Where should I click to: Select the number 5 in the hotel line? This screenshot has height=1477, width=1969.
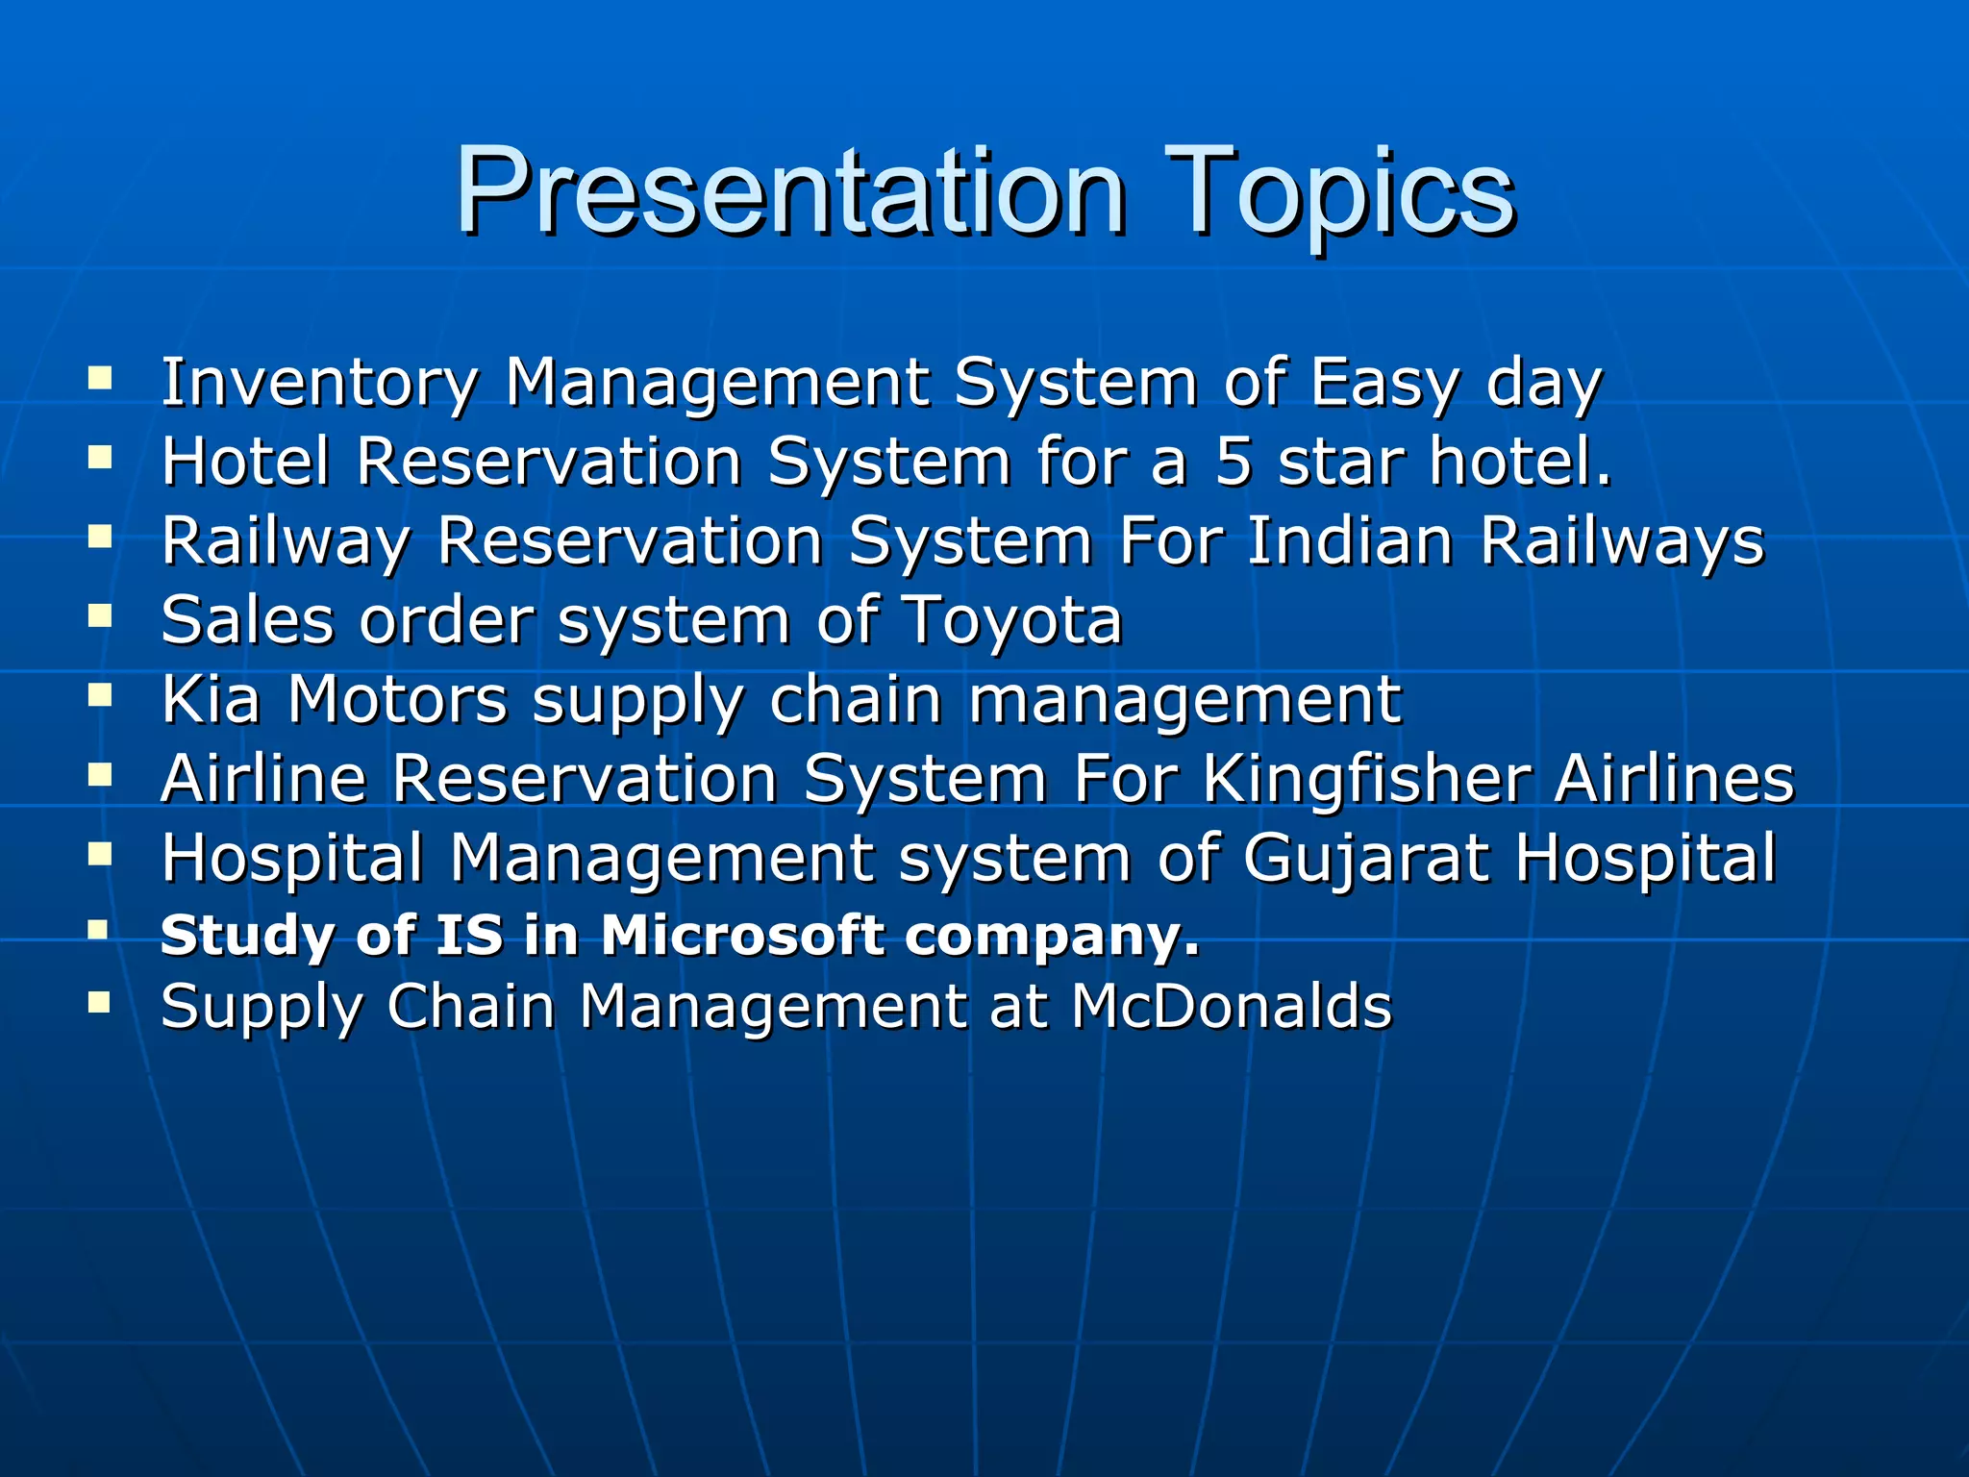pos(1234,462)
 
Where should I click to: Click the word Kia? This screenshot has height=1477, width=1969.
pos(212,699)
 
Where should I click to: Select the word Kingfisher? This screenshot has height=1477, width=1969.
pos(1366,778)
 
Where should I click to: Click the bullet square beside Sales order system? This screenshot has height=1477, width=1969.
pos(100,614)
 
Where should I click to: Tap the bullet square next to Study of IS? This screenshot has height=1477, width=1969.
pos(99,930)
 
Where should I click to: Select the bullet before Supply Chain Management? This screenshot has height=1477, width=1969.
pos(100,1003)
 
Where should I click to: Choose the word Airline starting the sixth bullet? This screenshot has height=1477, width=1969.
pos(264,778)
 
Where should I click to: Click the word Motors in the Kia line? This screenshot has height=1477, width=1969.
pos(397,699)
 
